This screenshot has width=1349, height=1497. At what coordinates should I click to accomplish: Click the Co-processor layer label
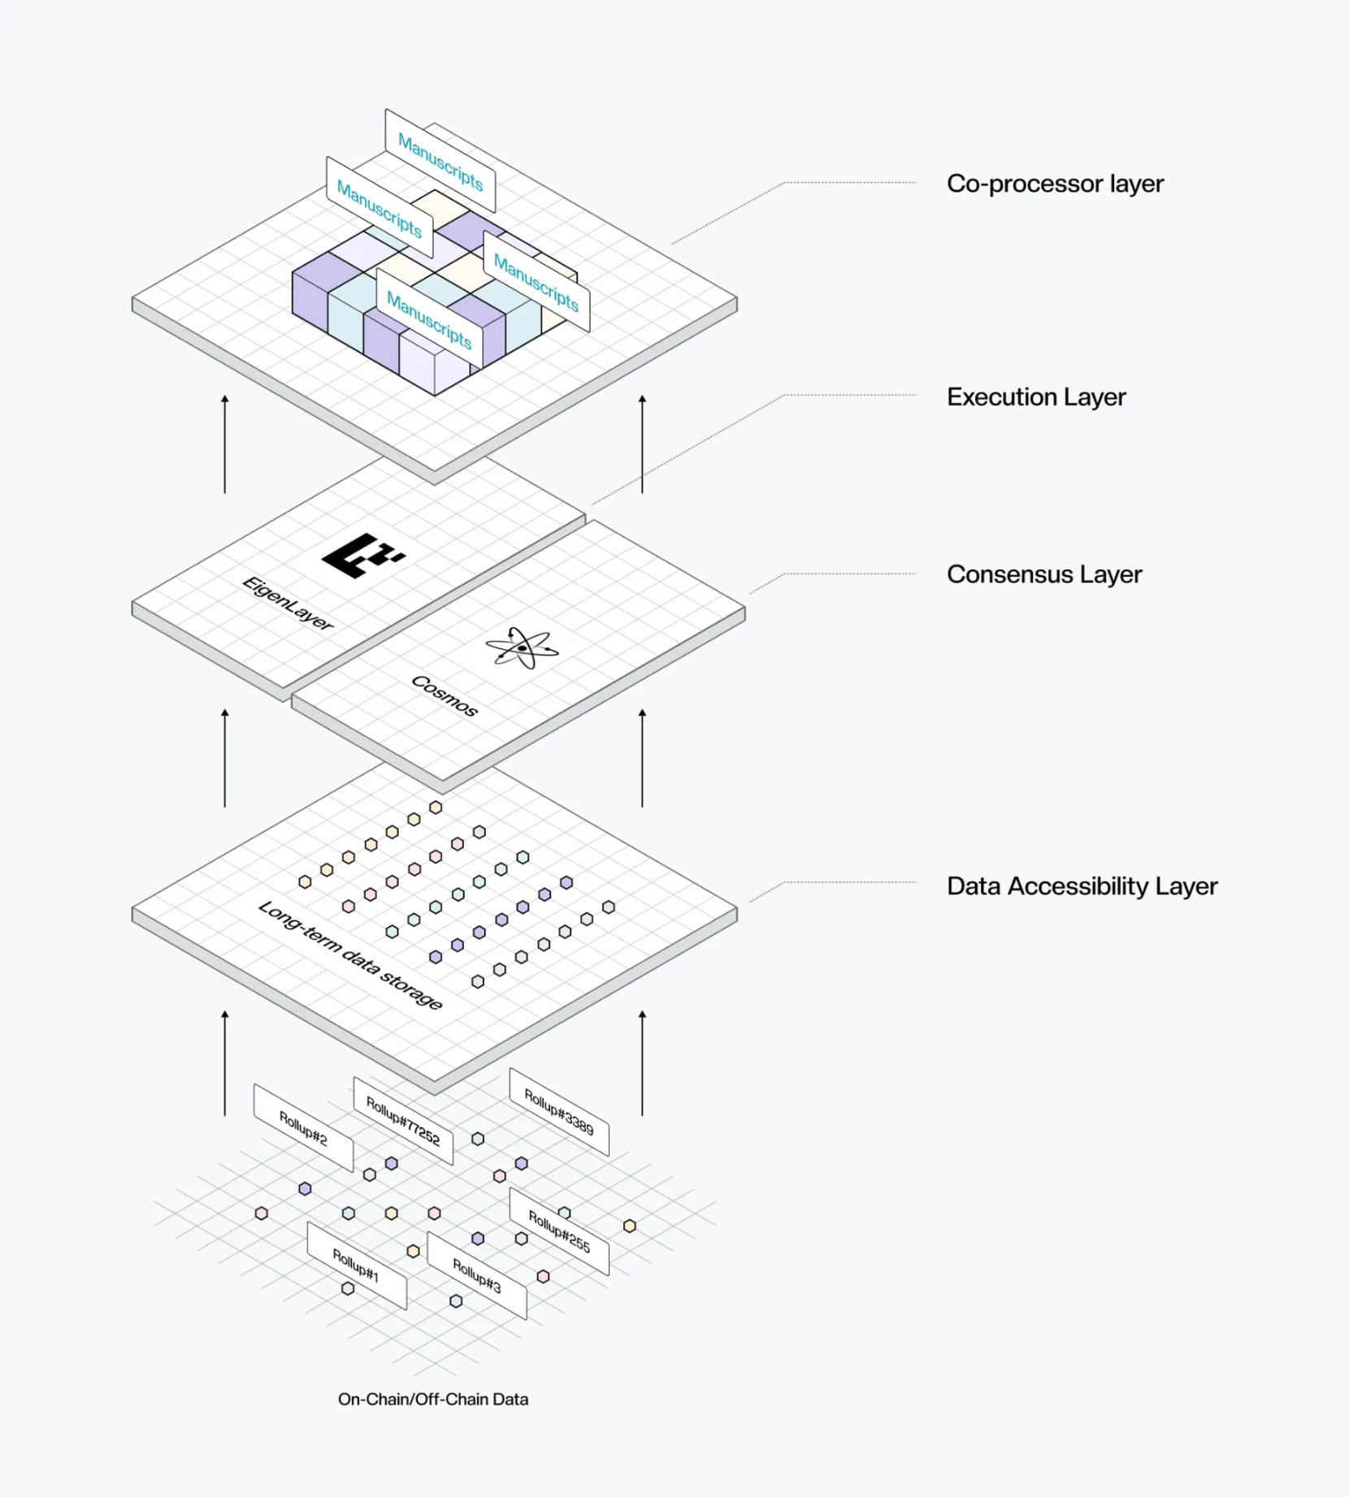(1054, 184)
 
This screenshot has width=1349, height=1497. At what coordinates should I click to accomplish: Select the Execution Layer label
(1035, 397)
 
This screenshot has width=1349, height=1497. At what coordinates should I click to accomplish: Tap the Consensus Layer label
(1043, 574)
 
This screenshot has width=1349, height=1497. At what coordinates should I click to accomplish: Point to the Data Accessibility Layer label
(1082, 886)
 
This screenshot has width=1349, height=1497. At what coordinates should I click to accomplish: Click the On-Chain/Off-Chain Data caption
(432, 1399)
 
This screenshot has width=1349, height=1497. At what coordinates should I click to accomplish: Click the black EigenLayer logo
(362, 555)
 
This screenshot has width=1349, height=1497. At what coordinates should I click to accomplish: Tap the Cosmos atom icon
(522, 647)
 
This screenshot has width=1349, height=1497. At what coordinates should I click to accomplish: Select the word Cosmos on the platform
(444, 695)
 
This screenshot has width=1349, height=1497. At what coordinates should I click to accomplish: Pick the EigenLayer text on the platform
(288, 603)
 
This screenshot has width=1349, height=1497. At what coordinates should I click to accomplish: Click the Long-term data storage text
(350, 955)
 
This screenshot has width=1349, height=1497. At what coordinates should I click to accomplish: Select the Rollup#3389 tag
(559, 1112)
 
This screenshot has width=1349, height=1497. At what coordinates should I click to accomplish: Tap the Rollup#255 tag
(559, 1231)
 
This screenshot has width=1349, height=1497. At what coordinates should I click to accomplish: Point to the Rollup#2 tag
(303, 1127)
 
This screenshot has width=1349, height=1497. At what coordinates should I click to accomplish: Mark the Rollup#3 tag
(477, 1275)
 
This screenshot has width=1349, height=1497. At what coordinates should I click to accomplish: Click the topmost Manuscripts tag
(440, 162)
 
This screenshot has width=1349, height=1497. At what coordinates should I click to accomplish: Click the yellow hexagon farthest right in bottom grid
(630, 1226)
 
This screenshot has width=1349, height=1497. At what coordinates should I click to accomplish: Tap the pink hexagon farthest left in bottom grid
(261, 1214)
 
